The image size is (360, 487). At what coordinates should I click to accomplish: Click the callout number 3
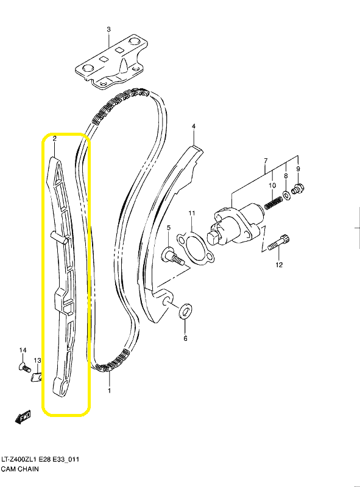(x=108, y=29)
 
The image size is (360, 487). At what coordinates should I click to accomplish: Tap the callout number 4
(x=194, y=126)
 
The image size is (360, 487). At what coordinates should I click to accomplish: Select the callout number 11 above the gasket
(x=192, y=213)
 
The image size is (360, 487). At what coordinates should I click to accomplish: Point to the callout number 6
(x=185, y=338)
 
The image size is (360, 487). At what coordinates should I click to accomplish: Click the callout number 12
(x=279, y=265)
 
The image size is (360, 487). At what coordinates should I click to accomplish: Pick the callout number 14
(x=23, y=350)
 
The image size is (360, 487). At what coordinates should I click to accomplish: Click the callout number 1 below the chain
(x=109, y=390)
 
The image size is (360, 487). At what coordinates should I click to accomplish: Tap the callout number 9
(x=298, y=169)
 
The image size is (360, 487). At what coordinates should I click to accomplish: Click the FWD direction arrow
(x=23, y=417)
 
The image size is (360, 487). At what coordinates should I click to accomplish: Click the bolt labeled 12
(x=278, y=242)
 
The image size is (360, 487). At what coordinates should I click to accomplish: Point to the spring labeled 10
(x=274, y=203)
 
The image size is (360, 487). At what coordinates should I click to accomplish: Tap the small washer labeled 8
(x=287, y=195)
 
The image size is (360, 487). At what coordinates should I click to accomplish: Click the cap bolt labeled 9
(x=298, y=187)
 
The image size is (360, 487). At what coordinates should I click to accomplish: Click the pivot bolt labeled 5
(x=173, y=256)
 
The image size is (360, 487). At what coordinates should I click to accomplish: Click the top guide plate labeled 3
(x=111, y=62)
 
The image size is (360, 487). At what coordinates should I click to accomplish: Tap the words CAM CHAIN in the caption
(x=20, y=469)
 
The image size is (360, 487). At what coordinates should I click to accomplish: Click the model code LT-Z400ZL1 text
(x=19, y=459)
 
